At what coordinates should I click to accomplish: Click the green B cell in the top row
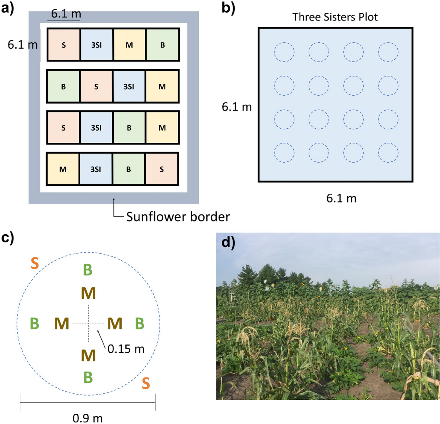162,45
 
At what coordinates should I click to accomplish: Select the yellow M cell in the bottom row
63,169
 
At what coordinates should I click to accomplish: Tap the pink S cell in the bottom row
162,169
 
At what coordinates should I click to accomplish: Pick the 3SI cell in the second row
129,86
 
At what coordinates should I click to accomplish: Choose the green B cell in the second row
63,86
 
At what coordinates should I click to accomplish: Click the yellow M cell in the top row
129,45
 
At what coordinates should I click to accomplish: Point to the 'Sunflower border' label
178,217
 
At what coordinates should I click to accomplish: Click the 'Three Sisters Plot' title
335,17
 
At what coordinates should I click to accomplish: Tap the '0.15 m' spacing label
126,349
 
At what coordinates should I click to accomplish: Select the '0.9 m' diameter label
88,418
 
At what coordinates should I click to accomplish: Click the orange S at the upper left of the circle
34,263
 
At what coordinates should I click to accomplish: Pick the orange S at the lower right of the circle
146,383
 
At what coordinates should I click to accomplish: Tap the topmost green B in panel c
88,270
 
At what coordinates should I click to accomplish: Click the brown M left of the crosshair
62,324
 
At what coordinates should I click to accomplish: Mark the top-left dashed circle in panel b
284,52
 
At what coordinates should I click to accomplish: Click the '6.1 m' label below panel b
341,198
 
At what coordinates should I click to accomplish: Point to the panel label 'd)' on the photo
228,242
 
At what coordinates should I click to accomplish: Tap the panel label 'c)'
8,237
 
